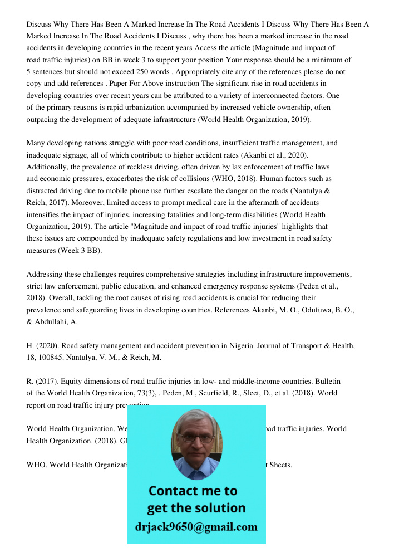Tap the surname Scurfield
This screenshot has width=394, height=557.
[218, 393]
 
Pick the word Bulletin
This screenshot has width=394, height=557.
[328, 382]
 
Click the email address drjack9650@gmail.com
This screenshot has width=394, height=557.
[196, 527]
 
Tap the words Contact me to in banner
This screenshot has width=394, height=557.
[193, 491]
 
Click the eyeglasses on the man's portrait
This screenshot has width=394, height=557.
[196, 438]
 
